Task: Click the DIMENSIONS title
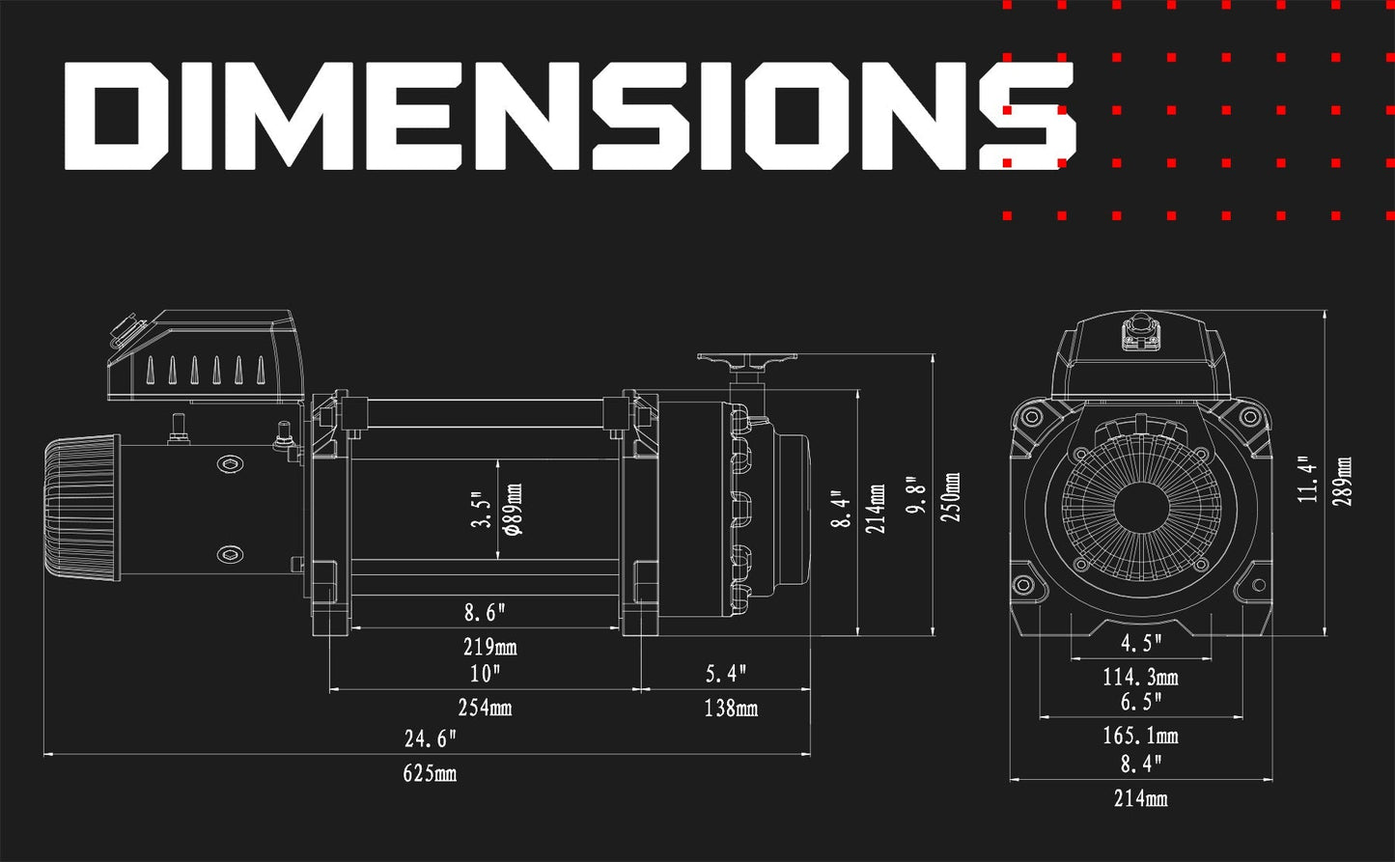pyautogui.click(x=570, y=116)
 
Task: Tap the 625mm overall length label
pyautogui.click(x=430, y=773)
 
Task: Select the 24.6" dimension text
pyautogui.click(x=431, y=738)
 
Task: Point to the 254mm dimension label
pyautogui.click(x=486, y=708)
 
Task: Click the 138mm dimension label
pyautogui.click(x=731, y=709)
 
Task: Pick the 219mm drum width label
pyautogui.click(x=490, y=647)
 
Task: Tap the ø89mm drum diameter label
pyautogui.click(x=515, y=510)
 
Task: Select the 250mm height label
pyautogui.click(x=952, y=496)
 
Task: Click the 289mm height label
pyautogui.click(x=1343, y=482)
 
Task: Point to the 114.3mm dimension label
pyautogui.click(x=1141, y=677)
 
